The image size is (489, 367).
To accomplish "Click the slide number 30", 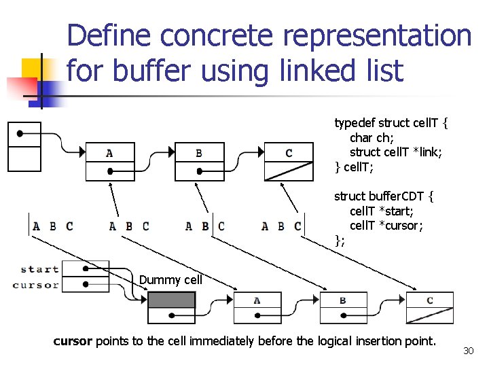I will [x=467, y=351].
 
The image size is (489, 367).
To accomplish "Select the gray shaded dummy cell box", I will [x=171, y=300].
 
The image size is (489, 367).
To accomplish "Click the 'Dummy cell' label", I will [x=170, y=280].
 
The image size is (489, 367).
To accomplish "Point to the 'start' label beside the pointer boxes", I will [x=39, y=269].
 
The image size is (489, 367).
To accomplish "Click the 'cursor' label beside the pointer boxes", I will [x=36, y=285].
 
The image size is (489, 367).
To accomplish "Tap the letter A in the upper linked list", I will [x=109, y=153].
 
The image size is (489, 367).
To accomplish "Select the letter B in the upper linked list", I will [x=198, y=153].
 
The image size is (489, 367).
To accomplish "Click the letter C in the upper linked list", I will [x=289, y=153].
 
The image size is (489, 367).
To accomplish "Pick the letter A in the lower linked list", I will [x=257, y=300].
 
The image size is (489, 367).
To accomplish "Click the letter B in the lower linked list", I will [x=343, y=300].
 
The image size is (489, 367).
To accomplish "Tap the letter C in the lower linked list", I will [x=429, y=300].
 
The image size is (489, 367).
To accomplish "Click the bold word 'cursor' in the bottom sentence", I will [x=73, y=340].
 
